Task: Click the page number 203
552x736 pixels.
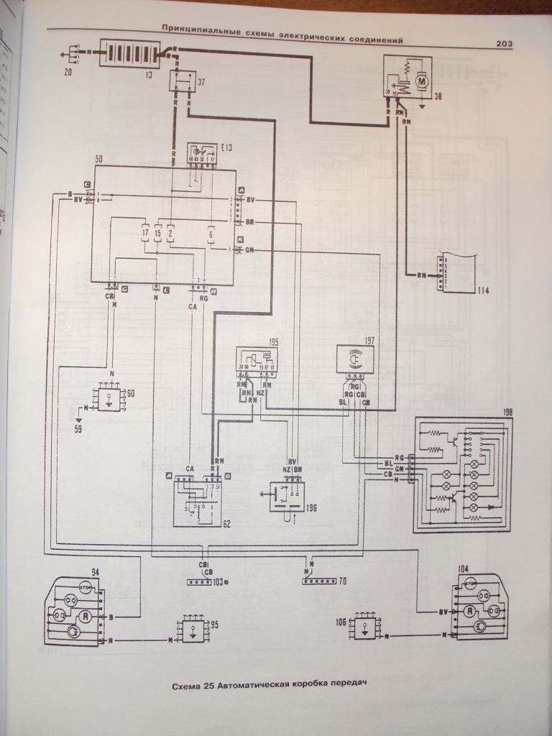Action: (x=503, y=43)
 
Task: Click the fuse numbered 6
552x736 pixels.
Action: (x=211, y=234)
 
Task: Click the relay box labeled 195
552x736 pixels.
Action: (x=258, y=362)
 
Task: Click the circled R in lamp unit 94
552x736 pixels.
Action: (x=85, y=616)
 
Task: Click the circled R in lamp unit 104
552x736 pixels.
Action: (x=469, y=611)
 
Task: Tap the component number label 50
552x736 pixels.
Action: (x=99, y=157)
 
